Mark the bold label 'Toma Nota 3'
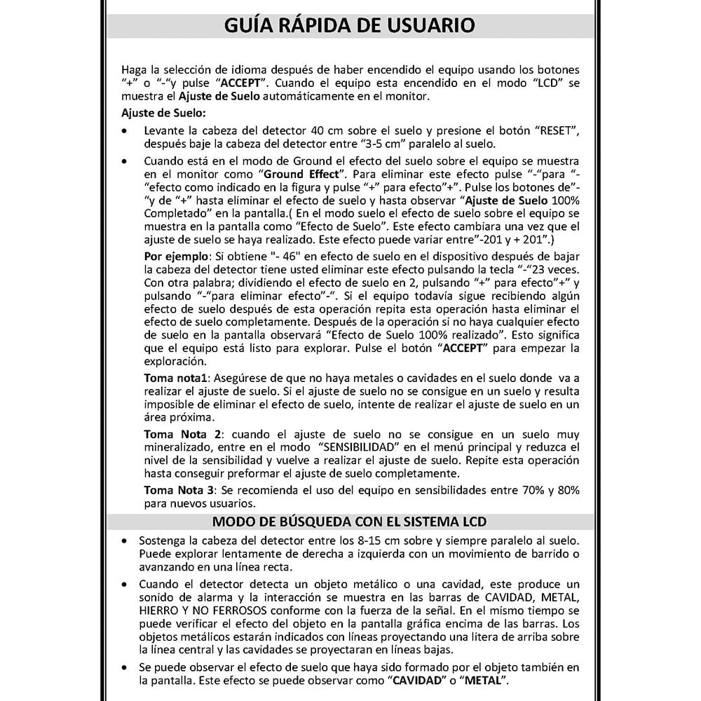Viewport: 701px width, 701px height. point(178,489)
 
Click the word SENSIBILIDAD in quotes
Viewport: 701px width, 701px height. point(360,447)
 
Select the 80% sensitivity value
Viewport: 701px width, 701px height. point(564,489)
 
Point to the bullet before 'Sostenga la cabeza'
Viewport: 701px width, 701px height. point(125,542)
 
